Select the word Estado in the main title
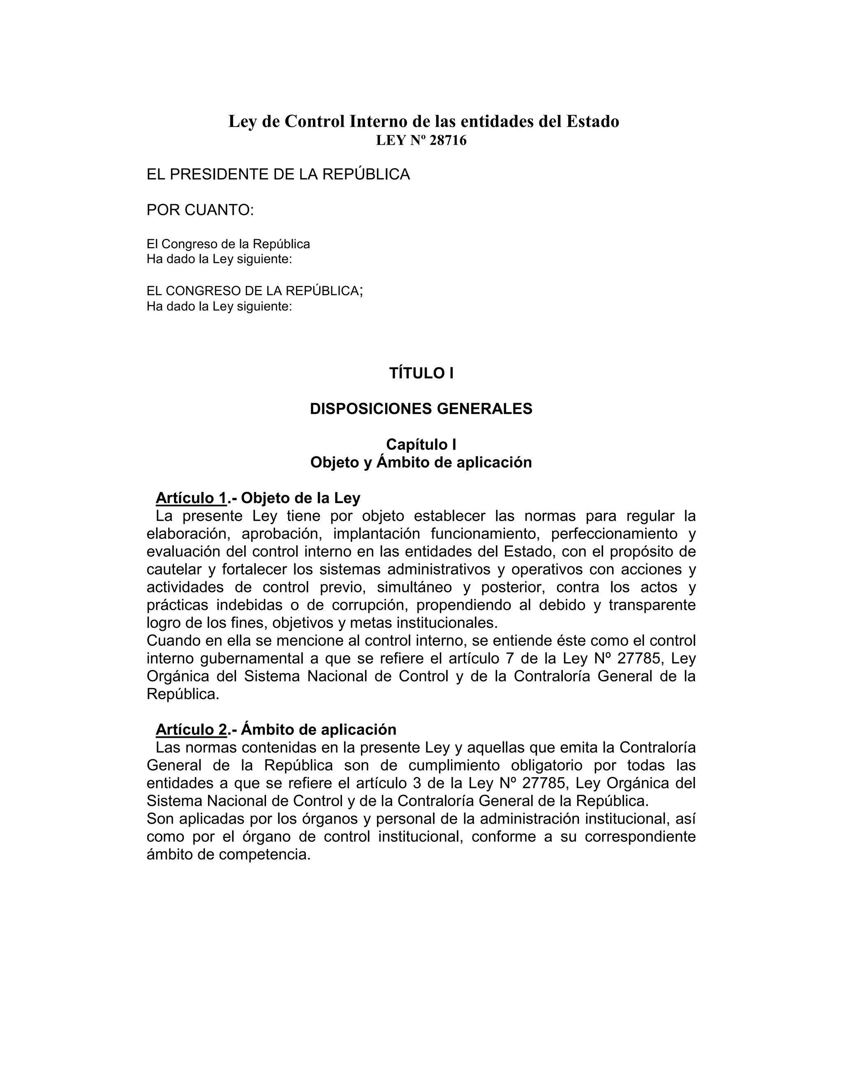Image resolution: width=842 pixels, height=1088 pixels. coord(592,121)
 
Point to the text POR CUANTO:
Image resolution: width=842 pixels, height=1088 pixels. coord(200,210)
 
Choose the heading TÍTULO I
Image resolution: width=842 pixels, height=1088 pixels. coord(421,373)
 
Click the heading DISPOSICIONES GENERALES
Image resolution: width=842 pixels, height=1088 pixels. coord(421,409)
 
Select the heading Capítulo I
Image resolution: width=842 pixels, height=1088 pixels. coord(421,444)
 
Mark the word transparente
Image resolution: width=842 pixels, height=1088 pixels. coord(652,606)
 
